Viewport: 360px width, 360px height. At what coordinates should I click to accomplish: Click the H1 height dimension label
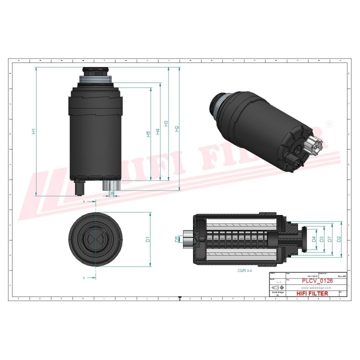pyautogui.click(x=33, y=131)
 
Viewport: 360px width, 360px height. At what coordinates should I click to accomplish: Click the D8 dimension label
pyautogui.click(x=111, y=193)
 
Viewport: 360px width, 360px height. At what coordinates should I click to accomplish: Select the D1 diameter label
pyautogui.click(x=148, y=239)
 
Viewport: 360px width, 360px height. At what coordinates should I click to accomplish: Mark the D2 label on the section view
pyautogui.click(x=339, y=239)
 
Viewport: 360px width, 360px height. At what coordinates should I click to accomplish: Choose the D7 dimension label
pyautogui.click(x=330, y=239)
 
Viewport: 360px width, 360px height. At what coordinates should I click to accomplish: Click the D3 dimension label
pyautogui.click(x=321, y=239)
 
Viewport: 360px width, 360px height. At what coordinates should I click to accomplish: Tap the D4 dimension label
pyautogui.click(x=313, y=239)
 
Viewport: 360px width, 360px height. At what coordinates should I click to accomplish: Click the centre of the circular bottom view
pyautogui.click(x=95, y=239)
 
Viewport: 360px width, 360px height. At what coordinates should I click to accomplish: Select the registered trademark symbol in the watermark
pyautogui.click(x=328, y=123)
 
